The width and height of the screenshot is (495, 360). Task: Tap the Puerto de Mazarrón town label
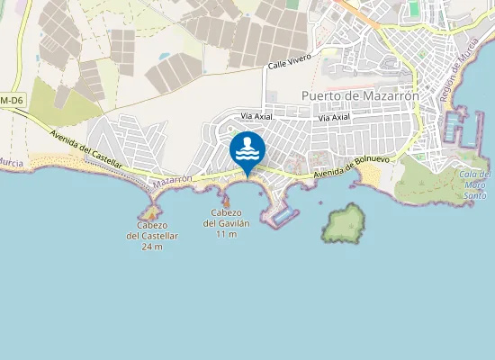point(360,96)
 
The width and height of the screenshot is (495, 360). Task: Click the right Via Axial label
point(334,117)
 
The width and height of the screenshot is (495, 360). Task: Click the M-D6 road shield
point(12,99)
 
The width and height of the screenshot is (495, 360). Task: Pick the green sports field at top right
point(415,8)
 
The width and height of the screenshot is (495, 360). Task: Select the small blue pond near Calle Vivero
point(165,56)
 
